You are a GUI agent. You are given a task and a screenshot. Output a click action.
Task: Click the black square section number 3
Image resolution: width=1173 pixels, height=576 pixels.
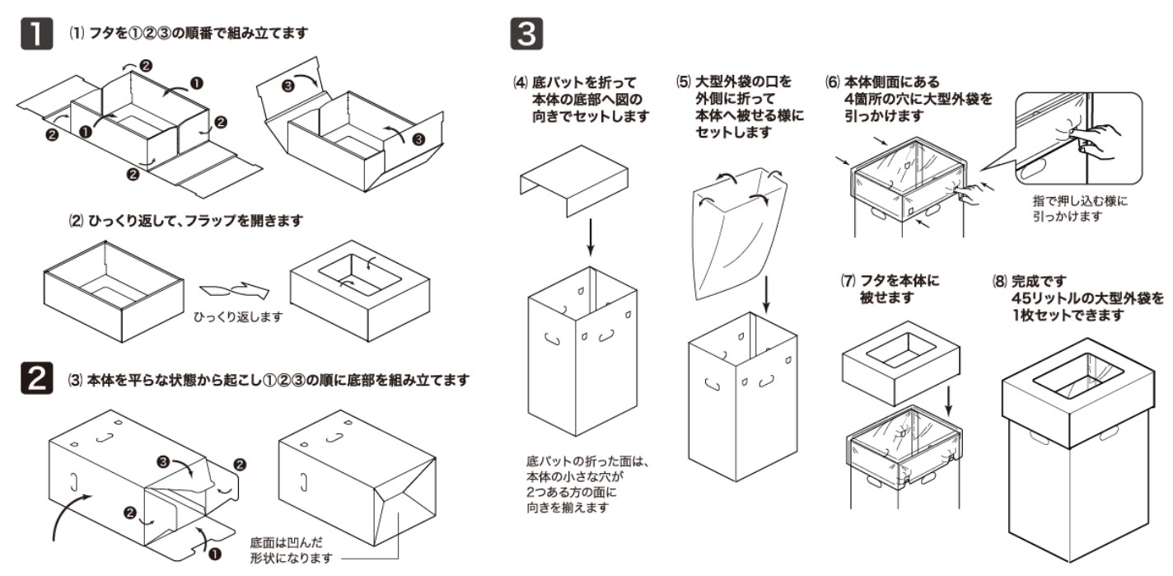pos(527,35)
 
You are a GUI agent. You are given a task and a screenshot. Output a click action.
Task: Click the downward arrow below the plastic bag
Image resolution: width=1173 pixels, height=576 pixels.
pos(767,293)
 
